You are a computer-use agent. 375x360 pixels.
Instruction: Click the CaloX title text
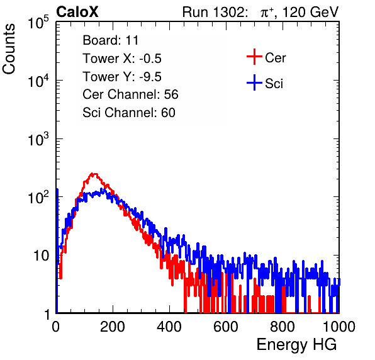[x=77, y=12]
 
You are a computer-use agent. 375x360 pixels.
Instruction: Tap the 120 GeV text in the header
[x=310, y=12]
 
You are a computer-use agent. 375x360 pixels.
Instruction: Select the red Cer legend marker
[x=254, y=57]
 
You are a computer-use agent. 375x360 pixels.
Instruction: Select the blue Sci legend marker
[x=254, y=82]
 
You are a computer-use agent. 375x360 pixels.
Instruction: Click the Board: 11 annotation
[x=111, y=40]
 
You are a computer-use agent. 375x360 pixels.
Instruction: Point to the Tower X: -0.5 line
[x=122, y=59]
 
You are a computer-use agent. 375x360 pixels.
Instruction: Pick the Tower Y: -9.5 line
[x=122, y=77]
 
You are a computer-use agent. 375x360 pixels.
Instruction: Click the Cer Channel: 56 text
[x=130, y=94]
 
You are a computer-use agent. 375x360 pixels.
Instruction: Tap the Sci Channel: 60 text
[x=129, y=113]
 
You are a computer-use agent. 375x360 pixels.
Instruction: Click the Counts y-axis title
[x=9, y=49]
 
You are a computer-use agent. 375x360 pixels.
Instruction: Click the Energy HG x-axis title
[x=296, y=345]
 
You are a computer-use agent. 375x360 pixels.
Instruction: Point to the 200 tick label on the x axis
[x=113, y=327]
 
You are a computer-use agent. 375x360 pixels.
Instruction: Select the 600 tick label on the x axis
[x=226, y=327]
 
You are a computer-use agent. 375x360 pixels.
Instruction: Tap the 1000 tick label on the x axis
[x=339, y=327]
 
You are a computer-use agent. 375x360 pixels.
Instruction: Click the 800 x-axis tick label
[x=283, y=327]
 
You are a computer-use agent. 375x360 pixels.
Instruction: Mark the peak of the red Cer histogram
[x=94, y=174]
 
